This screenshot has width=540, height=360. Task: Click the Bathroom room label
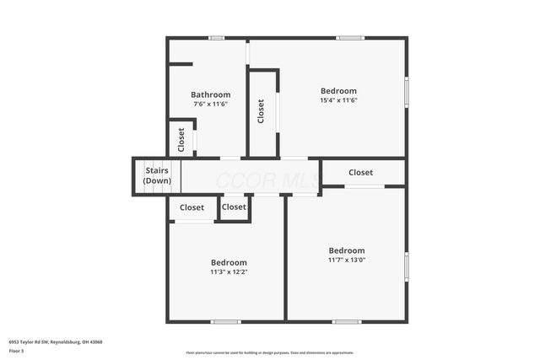pyautogui.click(x=210, y=94)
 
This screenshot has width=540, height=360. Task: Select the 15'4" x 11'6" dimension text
pyautogui.click(x=338, y=100)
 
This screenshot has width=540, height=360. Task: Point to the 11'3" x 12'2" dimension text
pyautogui.click(x=229, y=271)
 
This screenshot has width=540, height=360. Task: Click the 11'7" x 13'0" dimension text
pyautogui.click(x=347, y=260)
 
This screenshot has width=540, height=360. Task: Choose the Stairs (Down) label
pyautogui.click(x=157, y=176)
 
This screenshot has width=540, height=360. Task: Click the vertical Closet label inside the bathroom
pyautogui.click(x=181, y=140)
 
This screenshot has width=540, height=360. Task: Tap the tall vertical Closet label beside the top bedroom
pyautogui.click(x=261, y=111)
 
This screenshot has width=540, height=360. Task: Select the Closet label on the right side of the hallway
pyautogui.click(x=360, y=173)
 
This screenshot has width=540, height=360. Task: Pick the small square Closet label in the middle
pyautogui.click(x=234, y=207)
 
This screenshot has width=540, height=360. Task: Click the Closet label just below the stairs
pyautogui.click(x=192, y=207)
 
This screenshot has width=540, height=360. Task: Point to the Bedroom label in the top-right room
pyautogui.click(x=338, y=91)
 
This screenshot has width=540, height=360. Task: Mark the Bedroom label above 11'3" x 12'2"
pyautogui.click(x=229, y=262)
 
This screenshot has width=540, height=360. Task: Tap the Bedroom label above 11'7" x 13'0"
pyautogui.click(x=347, y=250)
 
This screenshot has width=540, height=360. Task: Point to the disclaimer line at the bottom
pyautogui.click(x=270, y=352)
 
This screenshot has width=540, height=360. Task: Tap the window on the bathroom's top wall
pyautogui.click(x=217, y=37)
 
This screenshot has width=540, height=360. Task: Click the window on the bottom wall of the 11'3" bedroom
pyautogui.click(x=225, y=321)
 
